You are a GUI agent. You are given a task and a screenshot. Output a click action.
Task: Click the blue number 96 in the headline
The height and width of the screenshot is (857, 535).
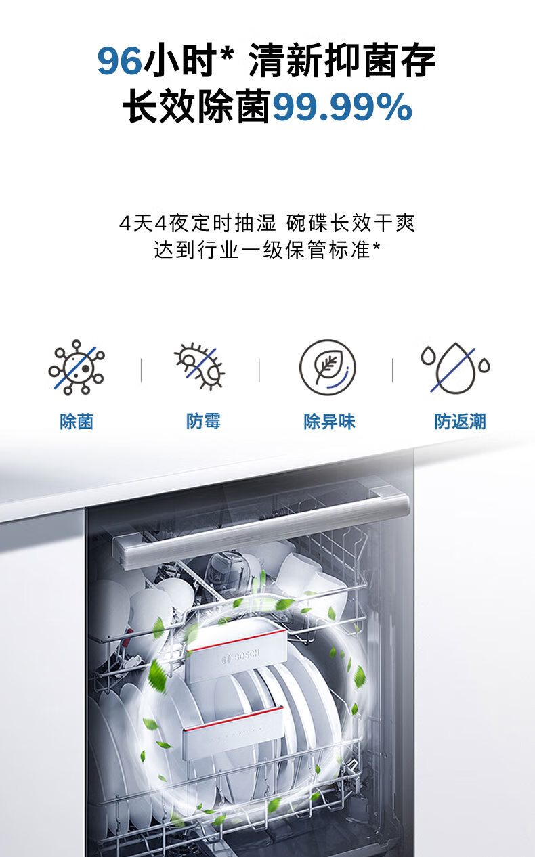[x=119, y=61]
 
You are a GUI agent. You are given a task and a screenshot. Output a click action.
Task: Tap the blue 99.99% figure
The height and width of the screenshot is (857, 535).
[x=342, y=107]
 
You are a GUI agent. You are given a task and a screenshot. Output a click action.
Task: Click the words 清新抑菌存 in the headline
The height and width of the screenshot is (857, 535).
[x=342, y=60]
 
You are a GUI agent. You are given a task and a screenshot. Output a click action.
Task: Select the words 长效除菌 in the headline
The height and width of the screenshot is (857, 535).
[x=196, y=106]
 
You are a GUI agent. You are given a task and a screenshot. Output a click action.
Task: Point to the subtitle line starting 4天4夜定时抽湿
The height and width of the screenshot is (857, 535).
[x=267, y=223]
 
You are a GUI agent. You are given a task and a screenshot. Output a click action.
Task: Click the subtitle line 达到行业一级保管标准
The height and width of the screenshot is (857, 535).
[x=267, y=250]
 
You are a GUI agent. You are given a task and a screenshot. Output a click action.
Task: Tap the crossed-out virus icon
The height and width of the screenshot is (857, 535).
[x=77, y=368]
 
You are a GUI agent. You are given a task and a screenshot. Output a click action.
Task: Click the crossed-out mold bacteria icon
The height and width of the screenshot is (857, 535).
[x=200, y=366]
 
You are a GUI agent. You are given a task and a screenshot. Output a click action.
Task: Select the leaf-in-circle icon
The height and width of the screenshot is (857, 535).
[x=328, y=368]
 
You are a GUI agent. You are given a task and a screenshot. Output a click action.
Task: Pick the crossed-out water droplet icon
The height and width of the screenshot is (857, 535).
[x=455, y=368]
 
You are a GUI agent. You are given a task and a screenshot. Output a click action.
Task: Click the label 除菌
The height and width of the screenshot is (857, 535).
[x=77, y=422]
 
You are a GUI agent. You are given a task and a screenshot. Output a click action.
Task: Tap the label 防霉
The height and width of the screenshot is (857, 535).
[x=203, y=421]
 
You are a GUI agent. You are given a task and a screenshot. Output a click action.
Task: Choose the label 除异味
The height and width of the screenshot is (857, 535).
[x=330, y=422]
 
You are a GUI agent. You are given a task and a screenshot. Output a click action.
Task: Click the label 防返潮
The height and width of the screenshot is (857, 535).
[x=460, y=422]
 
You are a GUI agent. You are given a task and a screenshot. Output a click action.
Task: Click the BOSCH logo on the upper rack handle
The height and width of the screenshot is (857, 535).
[x=242, y=657]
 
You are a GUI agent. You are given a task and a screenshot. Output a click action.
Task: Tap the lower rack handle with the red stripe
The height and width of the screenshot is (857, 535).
[x=234, y=732]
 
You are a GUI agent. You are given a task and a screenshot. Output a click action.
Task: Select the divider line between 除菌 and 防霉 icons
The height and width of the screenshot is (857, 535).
[x=142, y=370]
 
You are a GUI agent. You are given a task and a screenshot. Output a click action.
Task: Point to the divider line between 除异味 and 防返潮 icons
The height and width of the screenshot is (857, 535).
[x=392, y=370]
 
